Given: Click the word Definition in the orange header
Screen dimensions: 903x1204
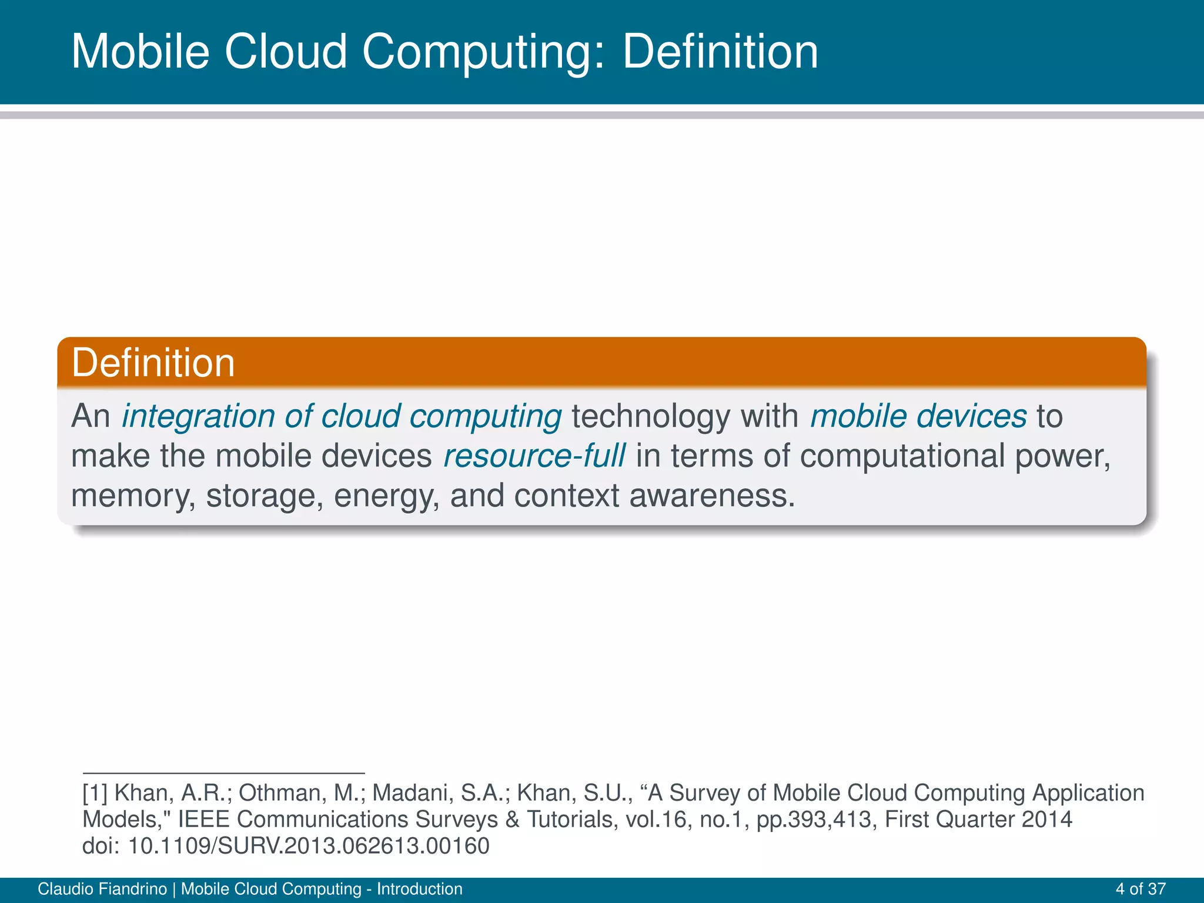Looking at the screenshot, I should pyautogui.click(x=153, y=363).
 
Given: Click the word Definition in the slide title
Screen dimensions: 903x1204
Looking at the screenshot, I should pyautogui.click(x=720, y=52).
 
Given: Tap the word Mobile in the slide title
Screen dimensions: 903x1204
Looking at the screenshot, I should pyautogui.click(x=140, y=52).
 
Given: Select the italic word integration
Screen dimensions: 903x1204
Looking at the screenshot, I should pyautogui.click(x=198, y=416).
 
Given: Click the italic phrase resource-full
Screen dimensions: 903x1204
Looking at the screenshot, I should pyautogui.click(x=534, y=456).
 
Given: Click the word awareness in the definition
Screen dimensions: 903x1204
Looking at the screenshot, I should pyautogui.click(x=712, y=496).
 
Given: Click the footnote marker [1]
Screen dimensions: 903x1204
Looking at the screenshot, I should pyautogui.click(x=95, y=793).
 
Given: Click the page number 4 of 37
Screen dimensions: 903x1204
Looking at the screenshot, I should pyautogui.click(x=1141, y=889).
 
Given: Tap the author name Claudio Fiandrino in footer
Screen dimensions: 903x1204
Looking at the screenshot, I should pyautogui.click(x=102, y=889).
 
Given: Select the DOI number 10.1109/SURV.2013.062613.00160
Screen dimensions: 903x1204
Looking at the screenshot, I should pyautogui.click(x=309, y=846).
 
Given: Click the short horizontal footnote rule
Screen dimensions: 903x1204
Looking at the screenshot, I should pyautogui.click(x=223, y=773).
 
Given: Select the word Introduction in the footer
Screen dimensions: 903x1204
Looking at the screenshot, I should pyautogui.click(x=419, y=889).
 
